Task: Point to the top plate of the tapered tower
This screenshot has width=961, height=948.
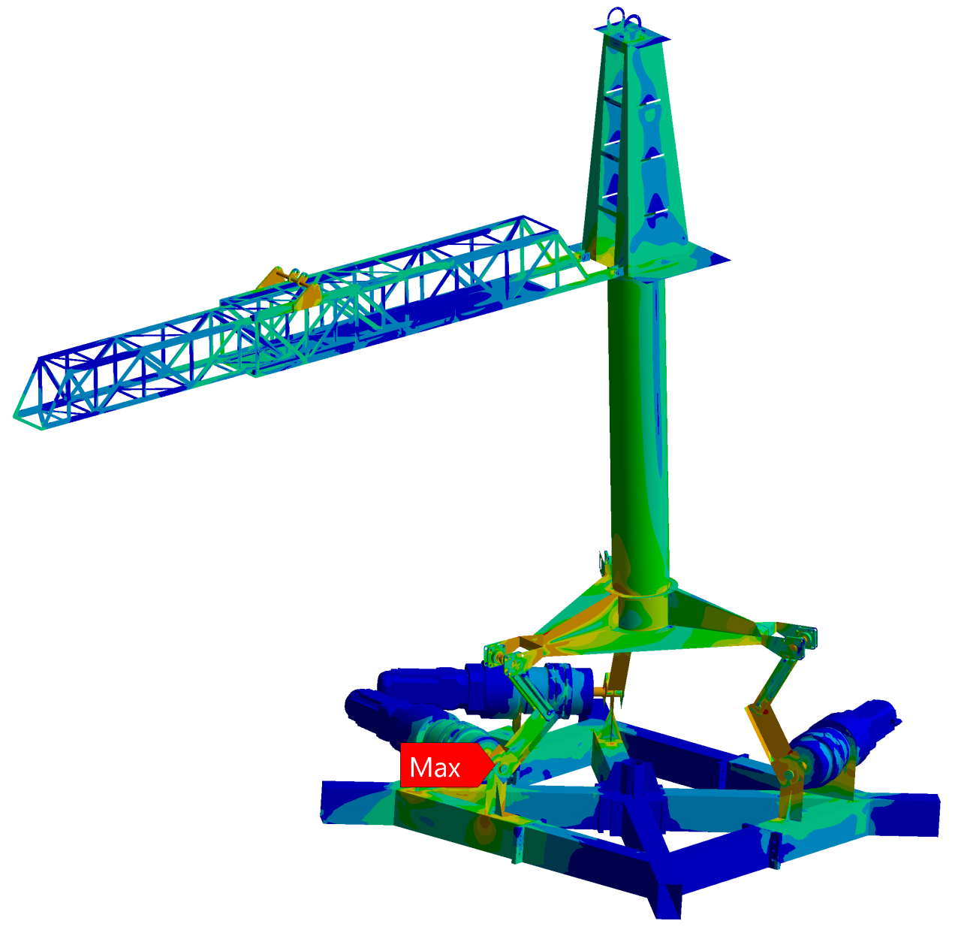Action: tap(632, 33)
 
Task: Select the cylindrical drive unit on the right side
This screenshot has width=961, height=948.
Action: tap(843, 739)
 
